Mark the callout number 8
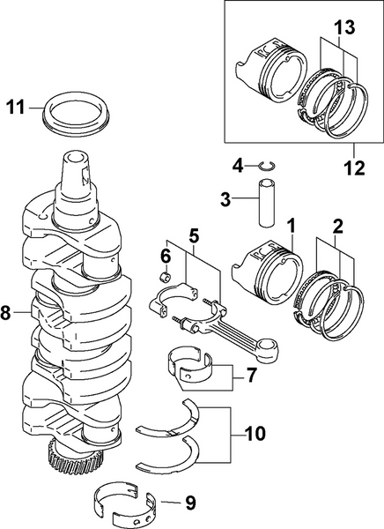[x=7, y=311]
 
